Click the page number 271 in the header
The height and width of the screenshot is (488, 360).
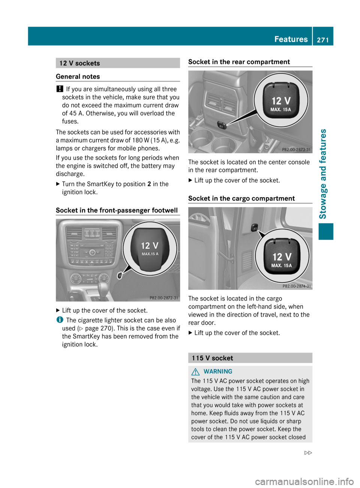click(322, 40)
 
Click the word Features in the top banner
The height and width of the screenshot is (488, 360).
click(291, 39)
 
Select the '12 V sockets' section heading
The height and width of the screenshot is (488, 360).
click(79, 63)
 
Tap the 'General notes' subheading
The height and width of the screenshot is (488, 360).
click(78, 76)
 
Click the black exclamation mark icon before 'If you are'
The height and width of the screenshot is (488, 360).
click(59, 89)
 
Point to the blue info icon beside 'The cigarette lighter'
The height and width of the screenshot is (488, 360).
click(59, 320)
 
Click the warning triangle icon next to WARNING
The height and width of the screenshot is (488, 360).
click(195, 371)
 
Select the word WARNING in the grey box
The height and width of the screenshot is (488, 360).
click(217, 371)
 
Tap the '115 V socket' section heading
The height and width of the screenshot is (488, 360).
click(212, 358)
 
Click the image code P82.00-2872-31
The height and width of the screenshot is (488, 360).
click(164, 298)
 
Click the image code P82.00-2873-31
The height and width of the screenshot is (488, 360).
click(296, 150)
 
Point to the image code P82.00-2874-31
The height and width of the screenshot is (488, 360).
click(297, 286)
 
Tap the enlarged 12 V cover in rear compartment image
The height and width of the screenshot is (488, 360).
click(281, 100)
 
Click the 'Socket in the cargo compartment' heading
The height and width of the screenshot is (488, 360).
click(241, 198)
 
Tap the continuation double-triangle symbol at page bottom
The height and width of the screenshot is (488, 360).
click(308, 453)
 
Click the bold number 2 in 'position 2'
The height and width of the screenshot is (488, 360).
click(149, 184)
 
